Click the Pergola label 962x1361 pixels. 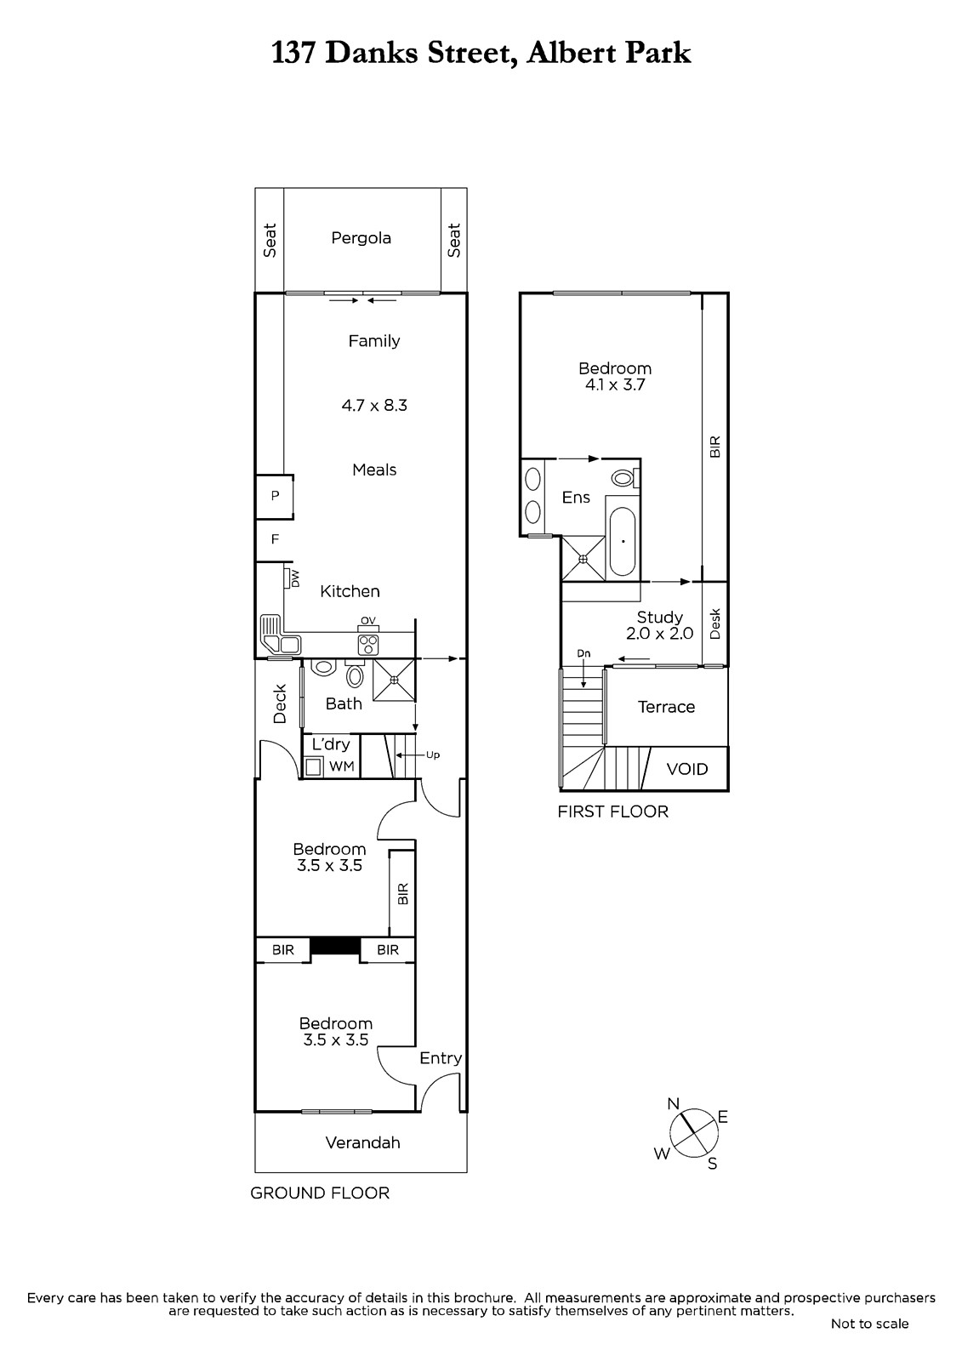pyautogui.click(x=361, y=238)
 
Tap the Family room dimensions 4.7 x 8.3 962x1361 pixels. pyautogui.click(x=374, y=405)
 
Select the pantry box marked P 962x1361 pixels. pyautogui.click(x=275, y=497)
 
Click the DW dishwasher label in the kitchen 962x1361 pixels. pyautogui.click(x=295, y=578)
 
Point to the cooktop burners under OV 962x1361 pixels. pyautogui.click(x=368, y=644)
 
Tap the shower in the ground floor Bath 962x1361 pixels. pyautogui.click(x=395, y=680)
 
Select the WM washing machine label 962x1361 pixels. pyautogui.click(x=342, y=766)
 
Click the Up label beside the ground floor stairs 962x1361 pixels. pyautogui.click(x=433, y=755)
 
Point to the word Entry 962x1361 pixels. pyautogui.click(x=441, y=1058)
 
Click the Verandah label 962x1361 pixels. pyautogui.click(x=363, y=1143)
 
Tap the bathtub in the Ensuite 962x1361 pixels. pyautogui.click(x=622, y=541)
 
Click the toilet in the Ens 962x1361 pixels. pyautogui.click(x=624, y=477)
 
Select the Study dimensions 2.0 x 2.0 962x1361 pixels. pyautogui.click(x=659, y=634)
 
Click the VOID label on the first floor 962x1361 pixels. pyautogui.click(x=687, y=769)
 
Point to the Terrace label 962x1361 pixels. pyautogui.click(x=666, y=707)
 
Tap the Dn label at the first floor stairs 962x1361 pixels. pyautogui.click(x=583, y=654)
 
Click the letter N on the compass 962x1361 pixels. pyautogui.click(x=674, y=1104)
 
